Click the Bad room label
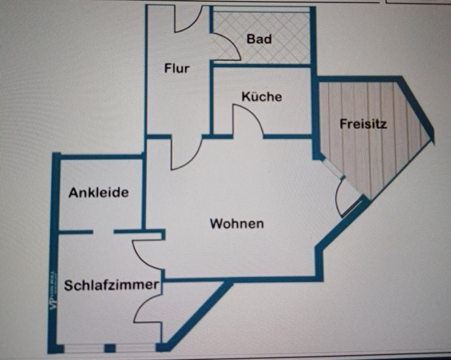(259, 39)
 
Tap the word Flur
(177, 68)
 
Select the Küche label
(262, 97)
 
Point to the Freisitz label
(363, 125)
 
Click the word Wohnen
(236, 224)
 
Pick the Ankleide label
(99, 193)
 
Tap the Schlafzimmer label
(111, 285)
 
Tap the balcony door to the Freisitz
(345, 195)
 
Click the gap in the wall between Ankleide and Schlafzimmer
(103, 232)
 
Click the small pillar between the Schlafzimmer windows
(109, 348)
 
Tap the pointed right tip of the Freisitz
(430, 136)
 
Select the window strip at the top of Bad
(261, 9)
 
